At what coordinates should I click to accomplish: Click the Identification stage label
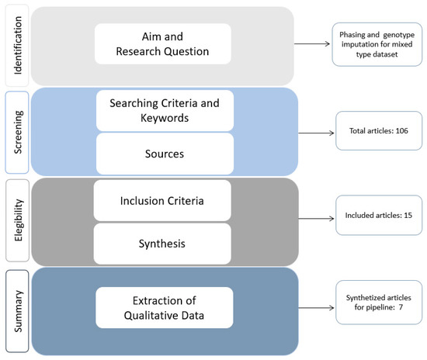[x=18, y=44]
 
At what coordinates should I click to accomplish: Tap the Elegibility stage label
[x=18, y=220]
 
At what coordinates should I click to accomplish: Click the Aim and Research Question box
[x=163, y=43]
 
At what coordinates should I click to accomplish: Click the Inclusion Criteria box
[x=163, y=200]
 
